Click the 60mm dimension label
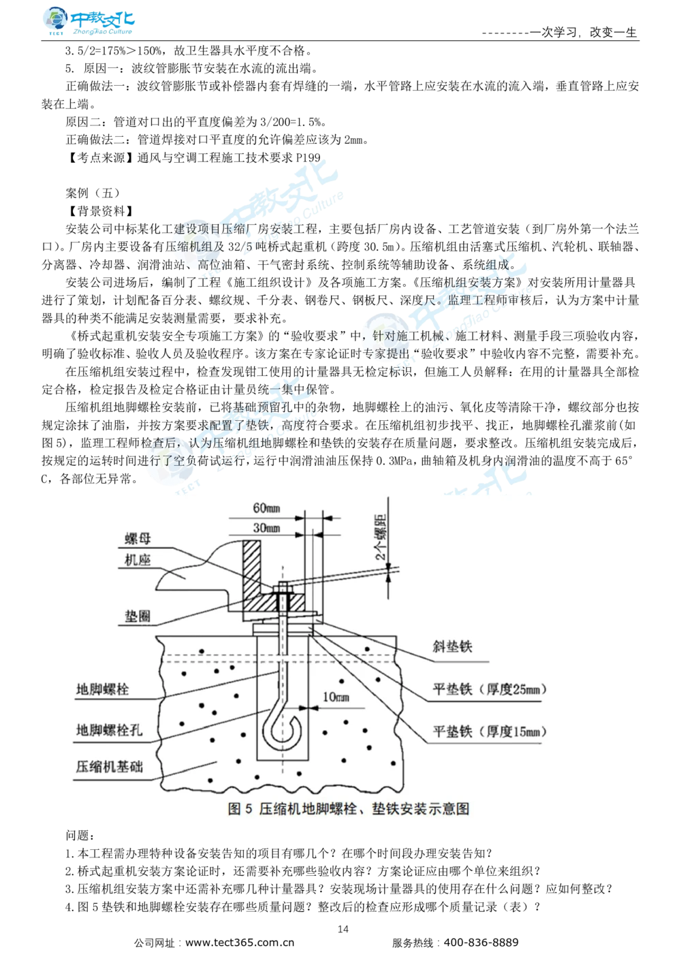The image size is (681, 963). coord(267,508)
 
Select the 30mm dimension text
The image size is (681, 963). coord(267,528)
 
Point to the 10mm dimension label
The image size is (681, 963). coord(336,697)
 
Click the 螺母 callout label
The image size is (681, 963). coord(138,538)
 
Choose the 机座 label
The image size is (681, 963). coord(138,560)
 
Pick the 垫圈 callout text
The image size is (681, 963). coord(138,616)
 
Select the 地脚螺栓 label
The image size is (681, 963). coord(102,689)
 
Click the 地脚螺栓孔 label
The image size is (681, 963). coord(109,730)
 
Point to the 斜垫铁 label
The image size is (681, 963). coord(452,646)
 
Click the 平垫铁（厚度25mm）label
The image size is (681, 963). coord(489,689)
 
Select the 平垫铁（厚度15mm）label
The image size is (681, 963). coord(489,731)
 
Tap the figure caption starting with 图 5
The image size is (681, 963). coord(348,808)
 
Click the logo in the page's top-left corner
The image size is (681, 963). coord(86,22)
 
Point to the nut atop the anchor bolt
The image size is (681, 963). coord(283,588)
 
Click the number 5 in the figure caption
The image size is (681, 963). coord(249,808)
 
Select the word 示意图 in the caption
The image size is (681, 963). coord(449,808)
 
